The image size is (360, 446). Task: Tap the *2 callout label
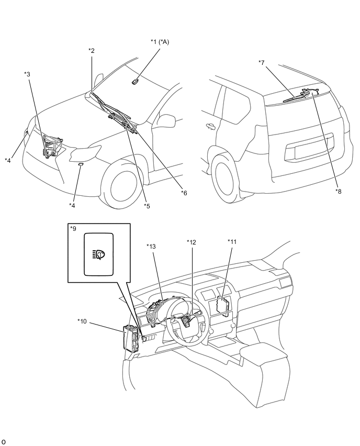coord(92,50)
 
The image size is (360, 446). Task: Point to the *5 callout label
coord(147,206)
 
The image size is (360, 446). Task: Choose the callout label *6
coord(184,193)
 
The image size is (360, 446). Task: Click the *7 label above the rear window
coord(262,63)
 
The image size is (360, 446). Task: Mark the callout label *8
coord(339,191)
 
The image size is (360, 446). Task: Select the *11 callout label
coord(231,241)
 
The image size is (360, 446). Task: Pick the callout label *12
coord(191,241)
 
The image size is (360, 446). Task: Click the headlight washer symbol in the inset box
coord(98,254)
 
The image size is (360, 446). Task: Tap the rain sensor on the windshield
coord(134,81)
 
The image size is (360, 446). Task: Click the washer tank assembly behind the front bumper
coord(51,146)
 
